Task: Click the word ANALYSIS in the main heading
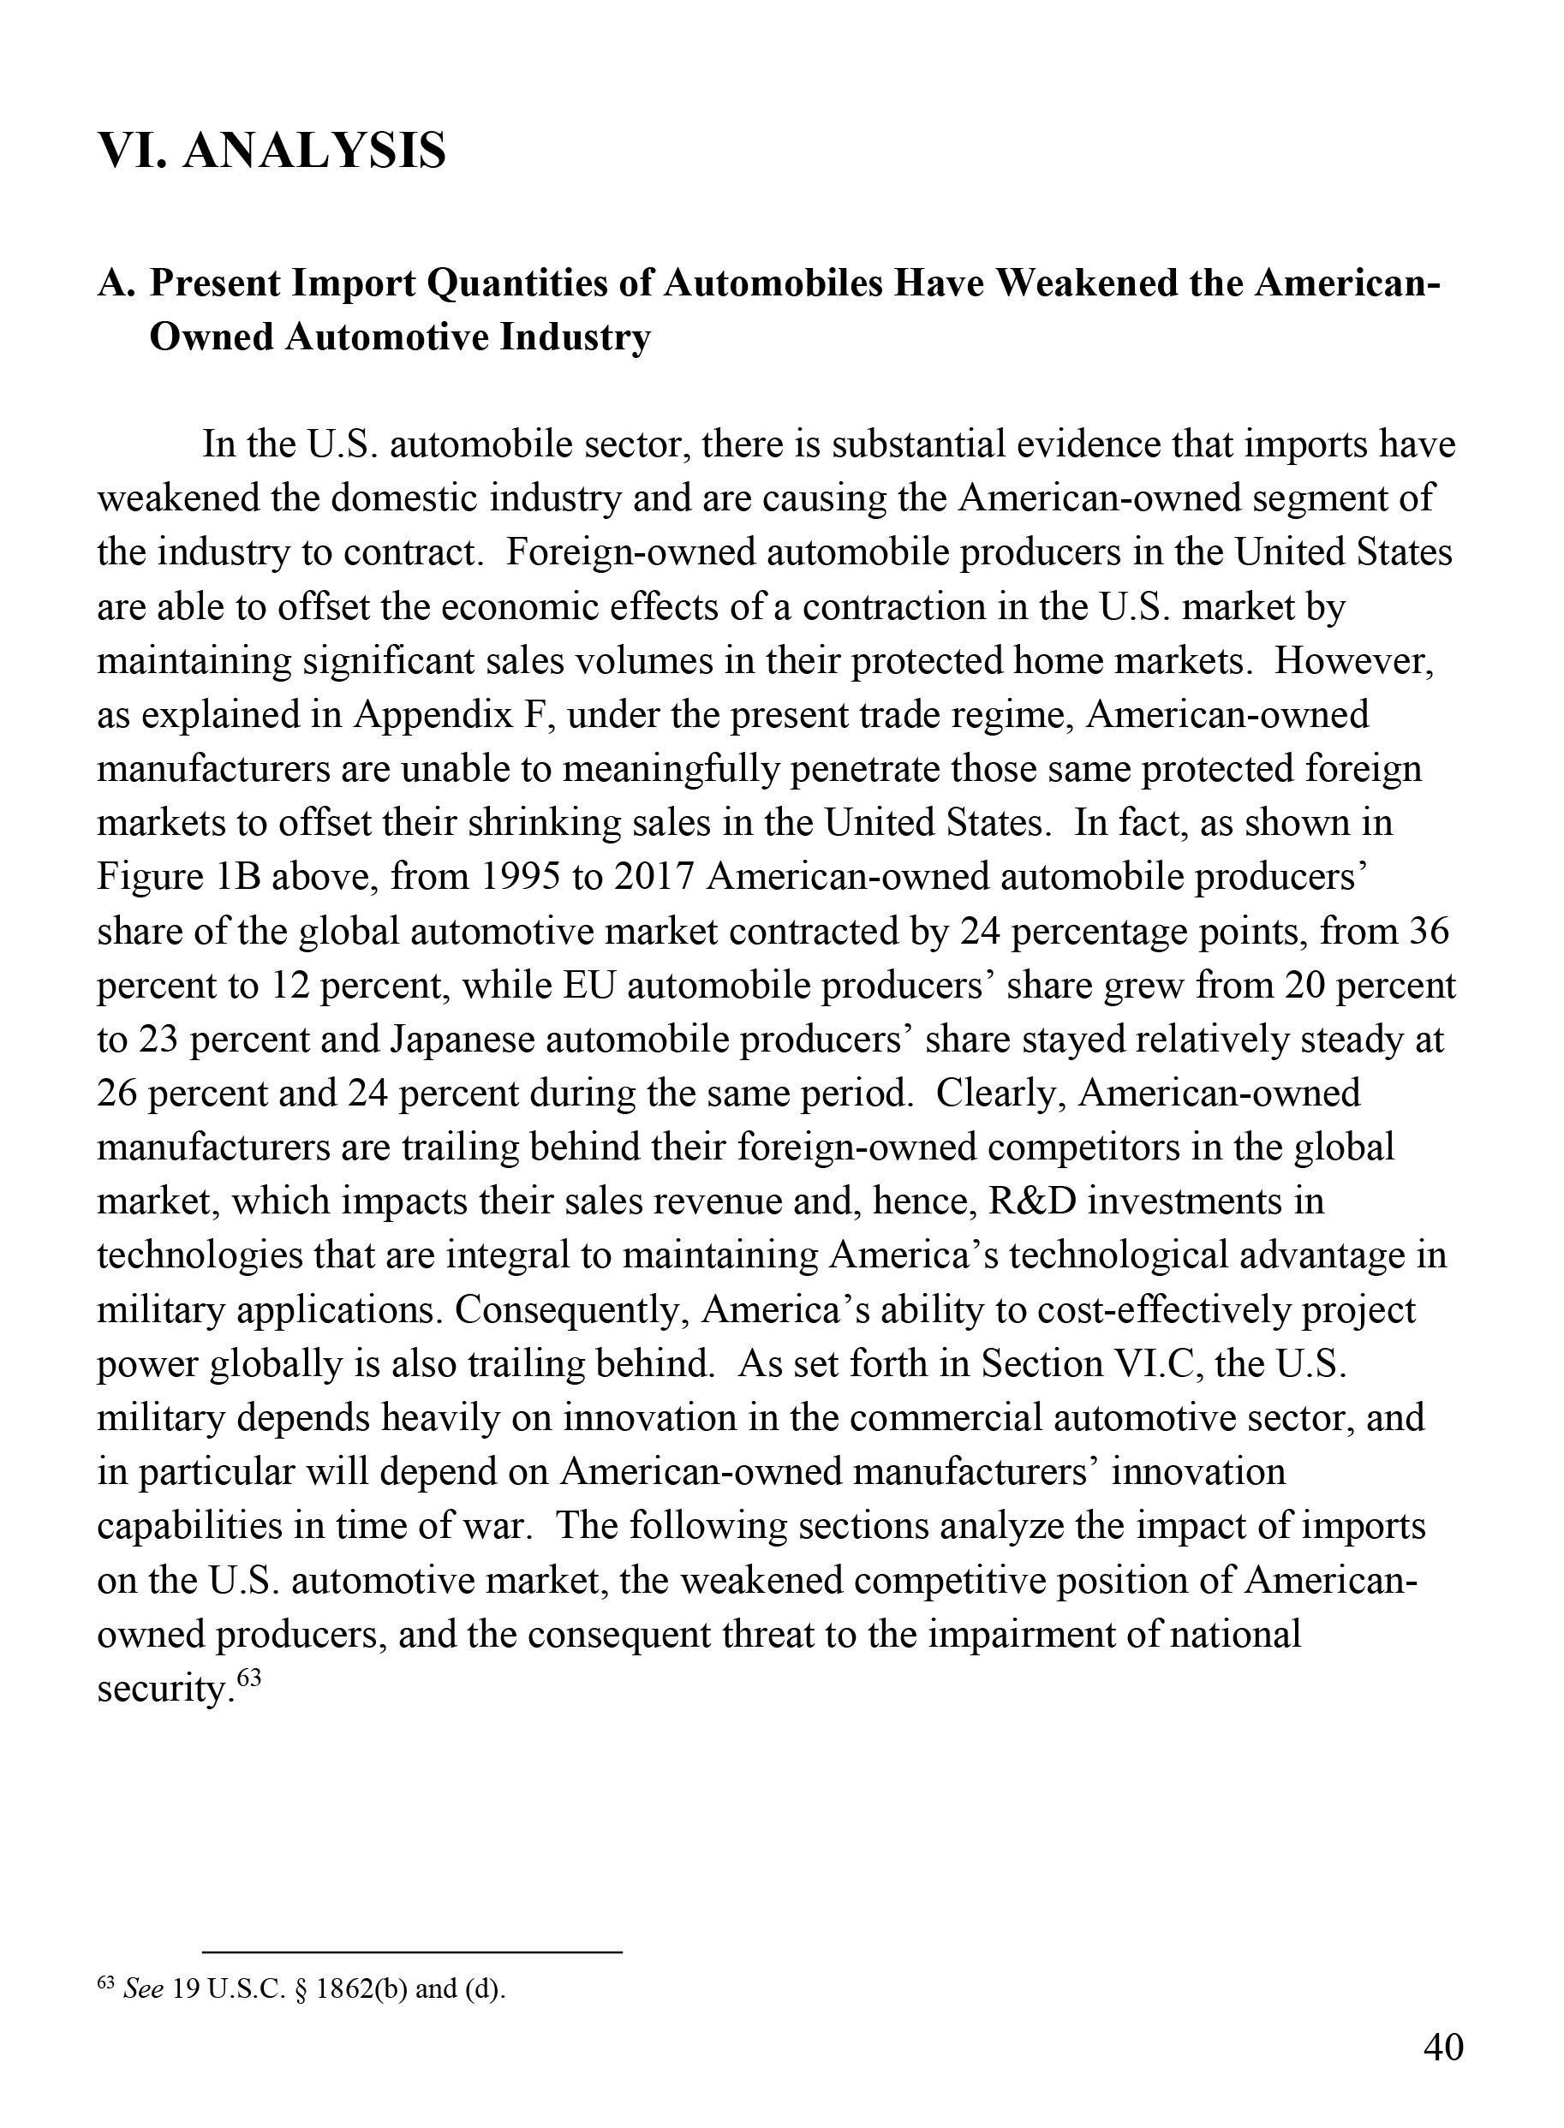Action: [x=313, y=152]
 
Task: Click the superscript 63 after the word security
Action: [x=248, y=1678]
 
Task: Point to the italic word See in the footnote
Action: [x=144, y=1990]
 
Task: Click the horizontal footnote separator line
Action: [x=412, y=1952]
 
